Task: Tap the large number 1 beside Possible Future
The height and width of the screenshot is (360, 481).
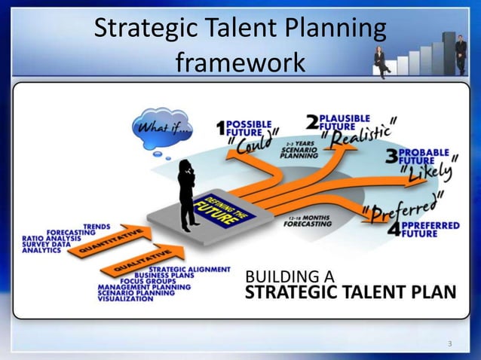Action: (x=220, y=128)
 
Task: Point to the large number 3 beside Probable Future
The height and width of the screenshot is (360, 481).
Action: (x=391, y=157)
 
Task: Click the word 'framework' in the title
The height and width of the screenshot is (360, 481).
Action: (x=240, y=62)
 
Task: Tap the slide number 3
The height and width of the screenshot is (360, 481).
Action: (x=449, y=345)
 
